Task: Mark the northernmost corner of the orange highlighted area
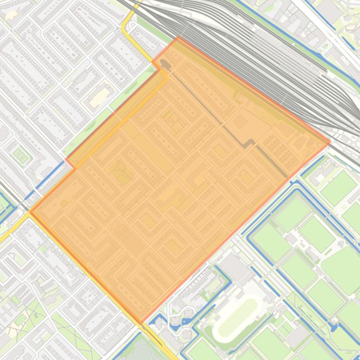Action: click(x=178, y=37)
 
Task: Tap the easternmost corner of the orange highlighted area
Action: click(x=330, y=141)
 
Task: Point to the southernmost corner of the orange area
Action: click(x=142, y=323)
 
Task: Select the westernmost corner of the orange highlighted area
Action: click(x=30, y=211)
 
